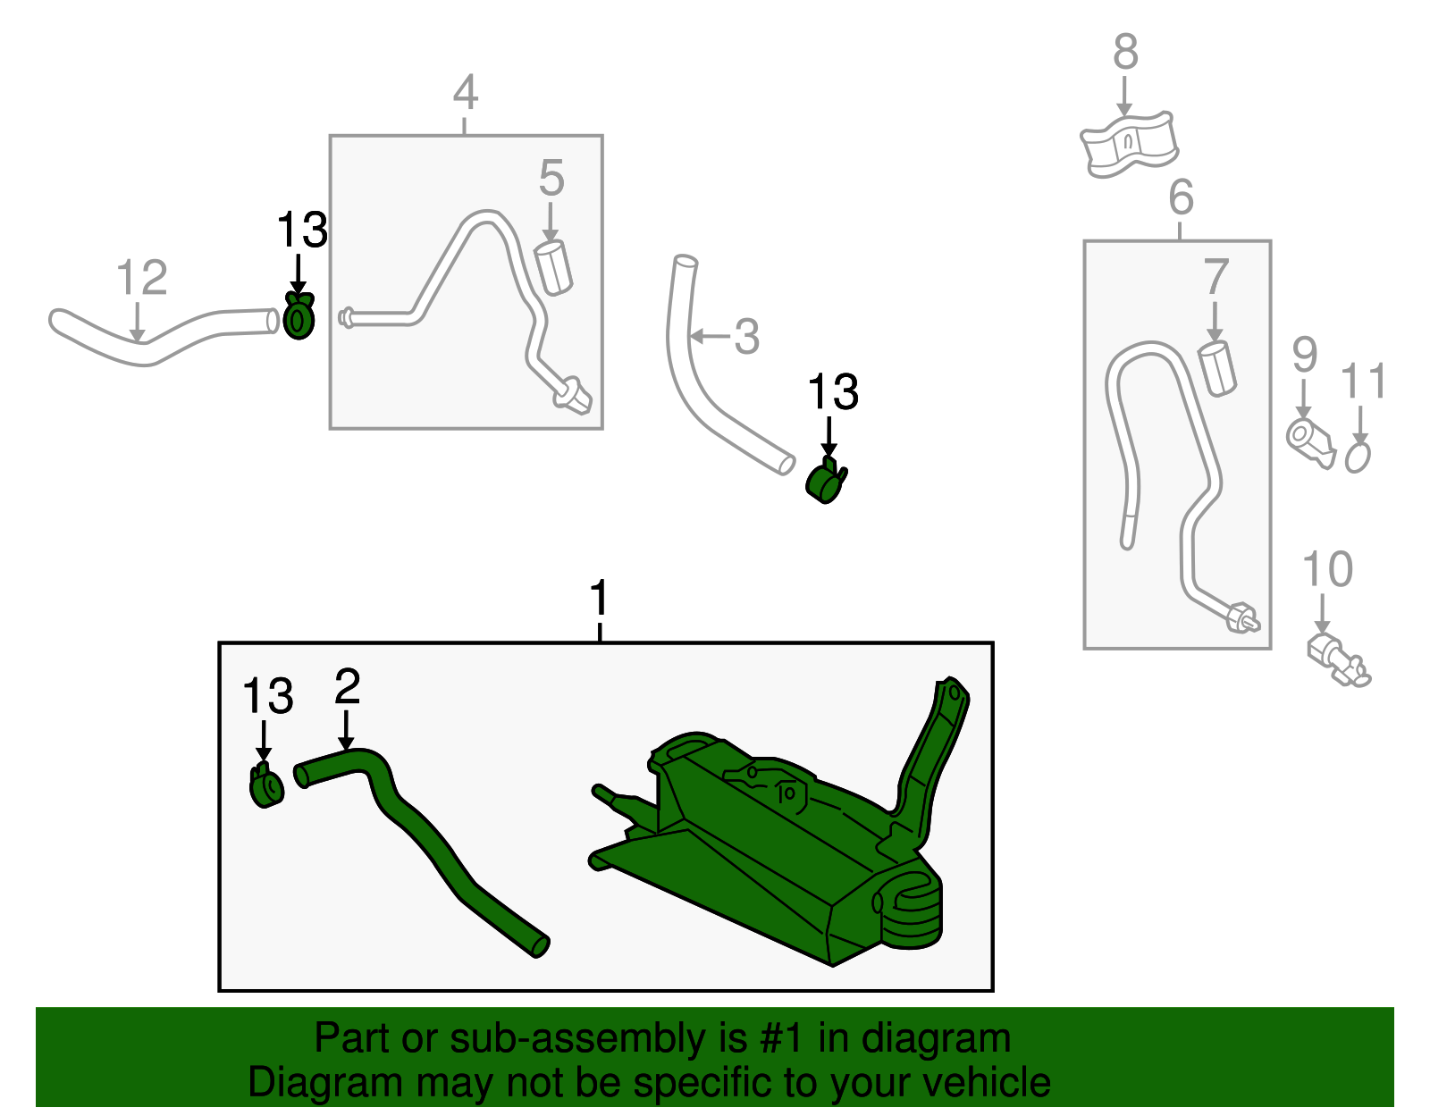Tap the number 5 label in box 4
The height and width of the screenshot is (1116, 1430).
click(x=551, y=179)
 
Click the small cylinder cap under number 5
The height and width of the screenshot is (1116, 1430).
click(x=553, y=267)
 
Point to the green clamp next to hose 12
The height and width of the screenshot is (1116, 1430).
click(x=299, y=316)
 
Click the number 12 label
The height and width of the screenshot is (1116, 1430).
click(x=141, y=278)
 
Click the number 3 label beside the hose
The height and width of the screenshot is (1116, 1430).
click(x=746, y=337)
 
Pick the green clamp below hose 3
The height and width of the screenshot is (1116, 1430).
click(x=825, y=482)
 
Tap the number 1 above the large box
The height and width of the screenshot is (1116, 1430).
click(x=599, y=599)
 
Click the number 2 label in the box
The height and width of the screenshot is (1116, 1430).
click(x=347, y=686)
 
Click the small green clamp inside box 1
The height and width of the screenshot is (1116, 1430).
click(x=266, y=787)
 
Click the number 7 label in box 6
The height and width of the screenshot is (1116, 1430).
click(x=1215, y=277)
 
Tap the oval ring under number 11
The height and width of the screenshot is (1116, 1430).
click(x=1357, y=457)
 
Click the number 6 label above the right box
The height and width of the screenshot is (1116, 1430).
click(x=1181, y=197)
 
